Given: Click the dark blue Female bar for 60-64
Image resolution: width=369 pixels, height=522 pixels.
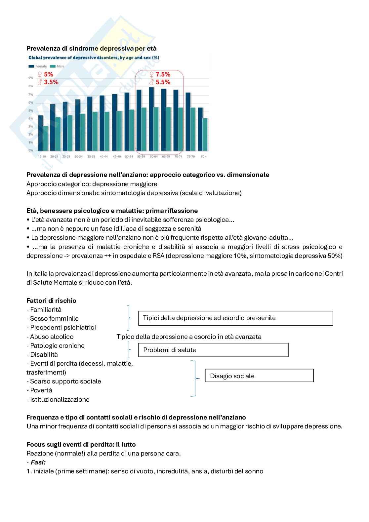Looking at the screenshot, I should point(151,119).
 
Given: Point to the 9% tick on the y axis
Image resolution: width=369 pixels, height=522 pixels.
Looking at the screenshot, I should point(31,78).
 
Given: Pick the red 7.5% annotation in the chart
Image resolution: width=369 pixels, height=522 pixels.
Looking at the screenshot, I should point(160,74).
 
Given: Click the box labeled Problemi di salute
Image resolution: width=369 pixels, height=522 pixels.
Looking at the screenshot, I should point(213,350).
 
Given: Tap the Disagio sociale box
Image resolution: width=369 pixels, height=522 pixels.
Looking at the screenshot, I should point(259,376).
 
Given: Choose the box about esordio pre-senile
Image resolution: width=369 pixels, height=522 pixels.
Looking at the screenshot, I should point(235,318).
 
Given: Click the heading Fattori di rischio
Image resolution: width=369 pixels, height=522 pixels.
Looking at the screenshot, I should point(51,301).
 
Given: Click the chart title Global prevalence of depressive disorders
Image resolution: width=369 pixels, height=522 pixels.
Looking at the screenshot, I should point(94,58).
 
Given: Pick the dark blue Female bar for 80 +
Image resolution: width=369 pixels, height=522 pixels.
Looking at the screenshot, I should point(200,129).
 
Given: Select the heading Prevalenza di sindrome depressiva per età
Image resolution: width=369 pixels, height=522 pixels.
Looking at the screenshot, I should point(91,48).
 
